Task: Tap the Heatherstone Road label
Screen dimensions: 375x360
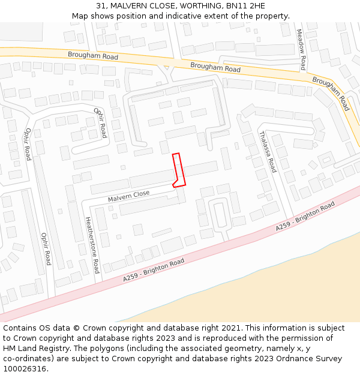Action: point(92,245)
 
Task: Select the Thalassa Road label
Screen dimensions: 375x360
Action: point(268,152)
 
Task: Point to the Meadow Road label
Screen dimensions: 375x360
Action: point(302,50)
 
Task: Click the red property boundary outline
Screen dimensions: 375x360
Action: point(178,170)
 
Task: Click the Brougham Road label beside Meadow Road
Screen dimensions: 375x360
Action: point(331,93)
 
